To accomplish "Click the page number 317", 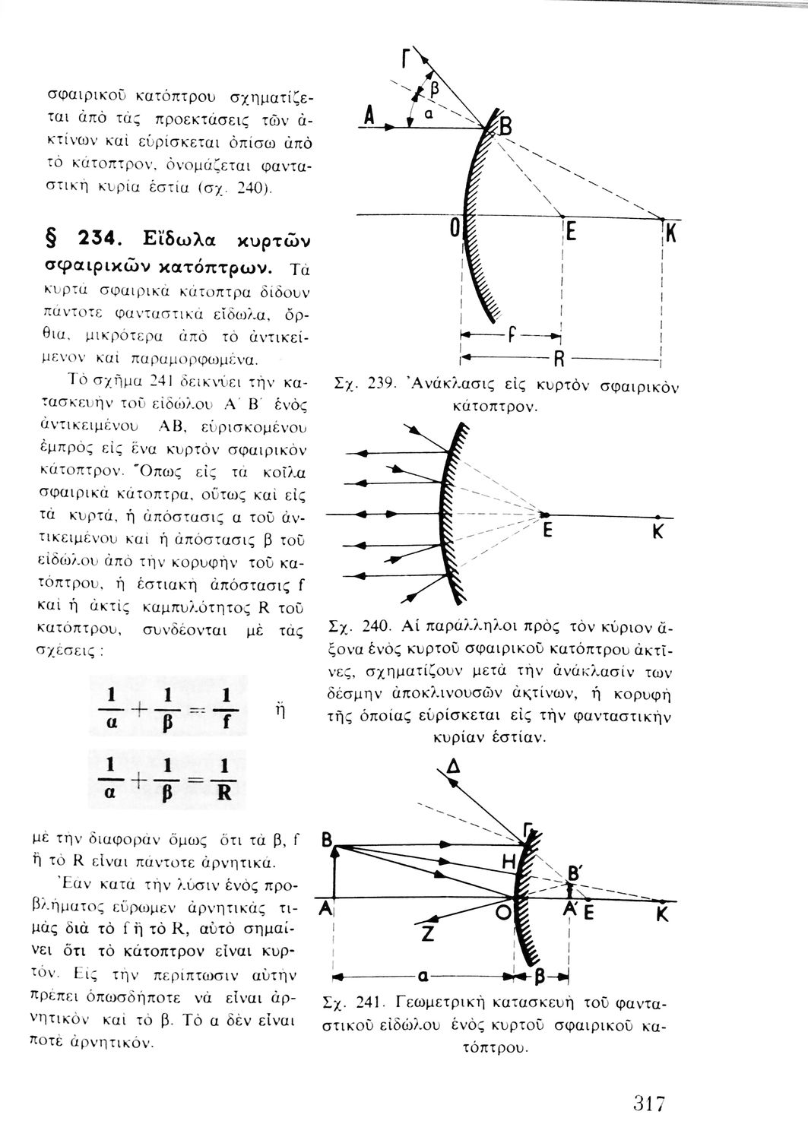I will (648, 1104).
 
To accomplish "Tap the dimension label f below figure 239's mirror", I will (512, 334).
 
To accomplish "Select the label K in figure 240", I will (658, 533).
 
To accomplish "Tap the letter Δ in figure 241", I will (454, 770).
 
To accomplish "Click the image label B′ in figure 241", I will (576, 873).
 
